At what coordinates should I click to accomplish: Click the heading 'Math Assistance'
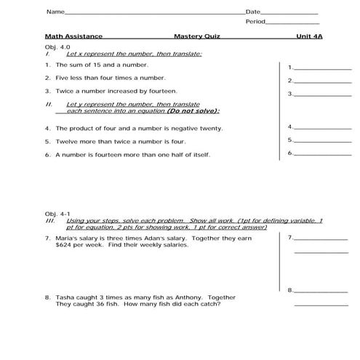click(73, 36)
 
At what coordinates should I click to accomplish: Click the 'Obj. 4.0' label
click(56, 45)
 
